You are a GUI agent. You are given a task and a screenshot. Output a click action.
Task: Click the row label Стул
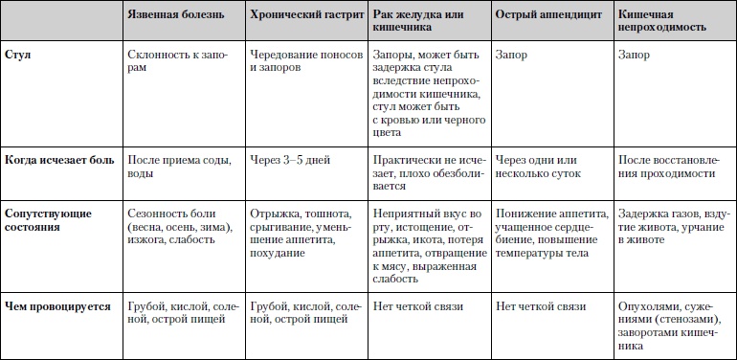tap(19, 56)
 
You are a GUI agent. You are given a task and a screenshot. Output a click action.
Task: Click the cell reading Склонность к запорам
tap(179, 63)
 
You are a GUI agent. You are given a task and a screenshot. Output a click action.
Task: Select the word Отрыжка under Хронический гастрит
tap(271, 213)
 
